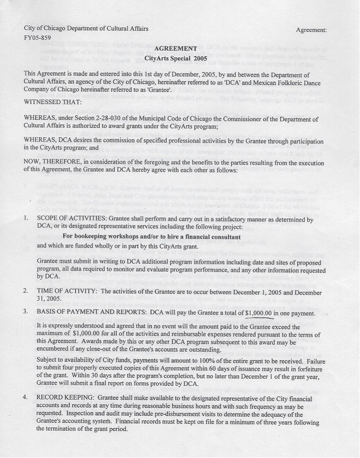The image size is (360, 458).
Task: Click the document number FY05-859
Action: click(x=37, y=38)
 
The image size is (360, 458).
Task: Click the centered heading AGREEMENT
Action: click(x=176, y=48)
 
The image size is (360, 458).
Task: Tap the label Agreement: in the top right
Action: click(x=311, y=30)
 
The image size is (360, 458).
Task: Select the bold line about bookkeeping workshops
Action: click(x=152, y=236)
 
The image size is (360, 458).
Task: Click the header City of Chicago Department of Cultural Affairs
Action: click(x=86, y=28)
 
